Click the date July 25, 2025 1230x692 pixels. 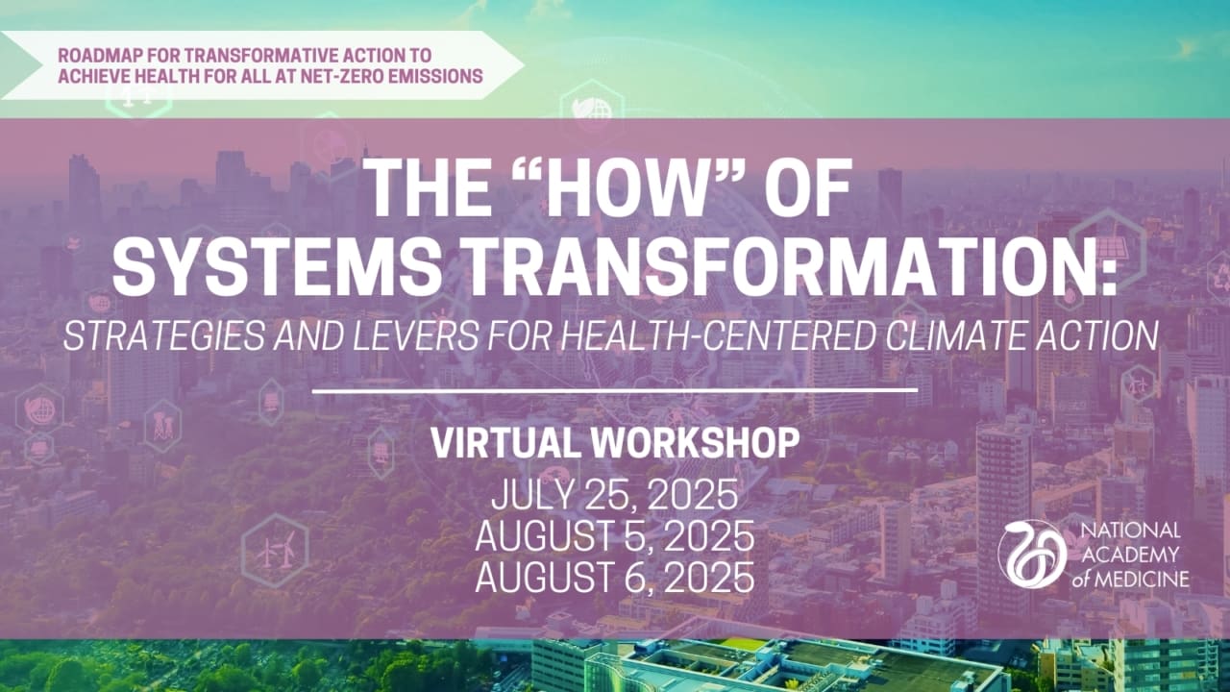(x=614, y=496)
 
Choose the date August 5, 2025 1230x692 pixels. (x=614, y=537)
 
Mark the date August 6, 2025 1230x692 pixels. (x=614, y=579)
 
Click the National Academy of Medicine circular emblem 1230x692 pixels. (x=1032, y=554)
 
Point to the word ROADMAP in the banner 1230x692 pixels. (x=92, y=56)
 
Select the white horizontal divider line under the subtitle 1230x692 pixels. (x=615, y=390)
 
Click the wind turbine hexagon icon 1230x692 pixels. (x=275, y=552)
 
